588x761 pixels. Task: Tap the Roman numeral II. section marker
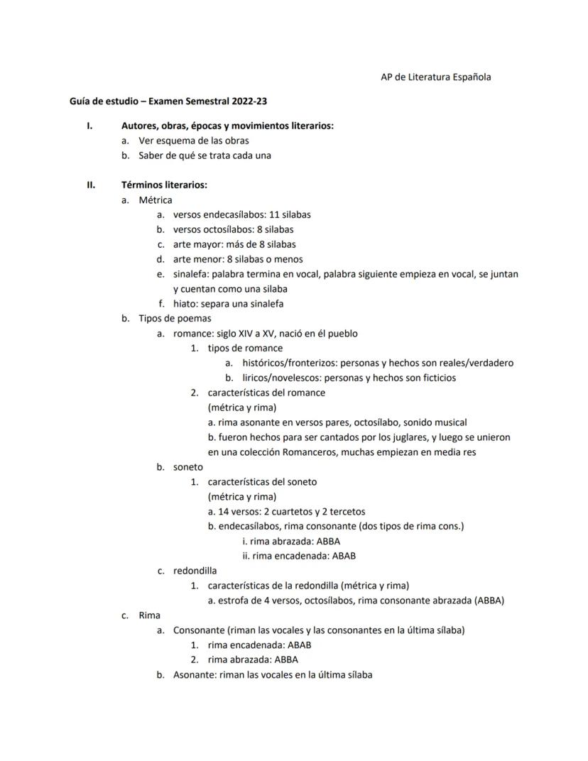tap(91, 185)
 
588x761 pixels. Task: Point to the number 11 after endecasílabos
tap(276, 214)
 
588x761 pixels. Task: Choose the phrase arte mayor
tap(195, 244)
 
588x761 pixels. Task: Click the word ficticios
tap(432, 378)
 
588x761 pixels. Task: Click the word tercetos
tap(350, 511)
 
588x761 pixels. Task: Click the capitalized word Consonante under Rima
tap(199, 630)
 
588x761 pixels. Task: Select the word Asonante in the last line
tap(194, 674)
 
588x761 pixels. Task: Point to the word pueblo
tap(342, 334)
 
